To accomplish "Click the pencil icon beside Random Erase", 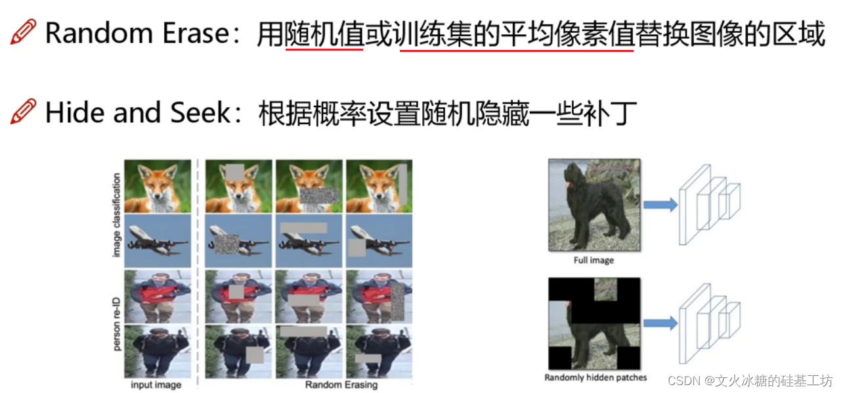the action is (24, 32).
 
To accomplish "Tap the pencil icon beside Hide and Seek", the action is (24, 111).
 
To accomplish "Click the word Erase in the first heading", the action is (196, 33).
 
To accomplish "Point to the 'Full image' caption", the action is (594, 260).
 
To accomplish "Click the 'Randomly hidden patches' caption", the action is (595, 377).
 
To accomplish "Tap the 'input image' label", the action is (156, 384).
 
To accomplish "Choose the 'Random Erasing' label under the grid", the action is (341, 384).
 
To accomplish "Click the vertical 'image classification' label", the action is (117, 215).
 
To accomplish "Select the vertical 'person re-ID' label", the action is (117, 324).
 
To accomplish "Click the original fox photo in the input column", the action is (158, 186).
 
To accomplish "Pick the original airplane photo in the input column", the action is (158, 241).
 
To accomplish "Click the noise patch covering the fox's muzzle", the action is (319, 196).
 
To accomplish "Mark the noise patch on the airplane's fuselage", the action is (227, 244).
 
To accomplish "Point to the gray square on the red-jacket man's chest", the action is (236, 292).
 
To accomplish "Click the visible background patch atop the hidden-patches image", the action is (605, 289).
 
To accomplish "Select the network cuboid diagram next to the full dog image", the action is (710, 204).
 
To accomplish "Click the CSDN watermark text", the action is (750, 381).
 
